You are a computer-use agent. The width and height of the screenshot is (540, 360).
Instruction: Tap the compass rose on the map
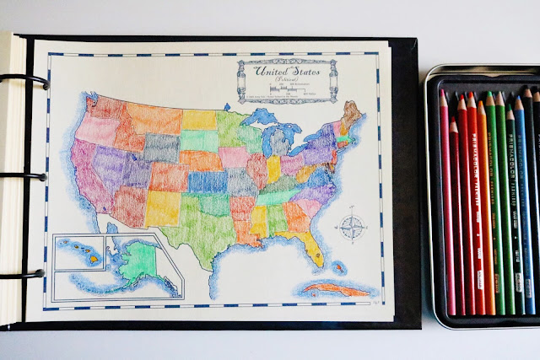point(352,226)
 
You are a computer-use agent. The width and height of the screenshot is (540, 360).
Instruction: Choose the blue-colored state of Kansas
point(207,181)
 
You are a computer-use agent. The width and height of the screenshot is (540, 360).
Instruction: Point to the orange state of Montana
point(153,118)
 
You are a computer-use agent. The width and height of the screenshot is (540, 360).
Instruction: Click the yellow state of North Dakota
point(199,119)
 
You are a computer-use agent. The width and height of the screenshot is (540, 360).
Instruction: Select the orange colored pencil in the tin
point(483,211)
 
